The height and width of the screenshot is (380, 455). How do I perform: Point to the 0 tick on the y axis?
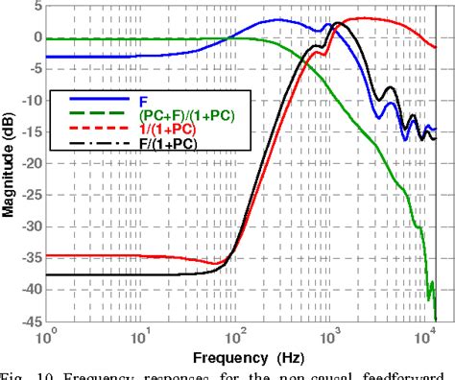pyautogui.click(x=36, y=37)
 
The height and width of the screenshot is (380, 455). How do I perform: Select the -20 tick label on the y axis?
pyautogui.click(x=29, y=163)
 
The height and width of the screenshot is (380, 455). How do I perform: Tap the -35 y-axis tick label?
pyautogui.click(x=29, y=257)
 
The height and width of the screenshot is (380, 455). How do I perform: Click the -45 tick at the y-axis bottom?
pyautogui.click(x=29, y=321)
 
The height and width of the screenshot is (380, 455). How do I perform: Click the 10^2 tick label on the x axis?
pyautogui.click(x=234, y=337)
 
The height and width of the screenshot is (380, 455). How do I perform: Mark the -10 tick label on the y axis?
pyautogui.click(x=29, y=101)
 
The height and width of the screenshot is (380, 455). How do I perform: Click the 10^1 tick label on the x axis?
pyautogui.click(x=140, y=337)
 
